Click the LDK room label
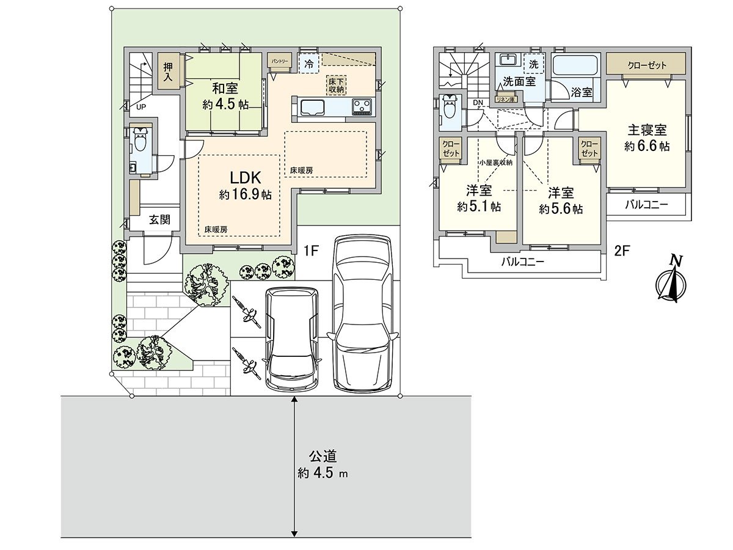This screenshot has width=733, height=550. (x=246, y=178)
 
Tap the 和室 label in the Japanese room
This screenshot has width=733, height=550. (x=225, y=89)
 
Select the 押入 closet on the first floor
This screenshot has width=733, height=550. (x=168, y=72)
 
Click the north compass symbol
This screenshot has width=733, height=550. (x=670, y=281)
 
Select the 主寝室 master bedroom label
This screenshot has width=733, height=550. (x=647, y=130)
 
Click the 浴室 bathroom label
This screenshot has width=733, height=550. (x=581, y=92)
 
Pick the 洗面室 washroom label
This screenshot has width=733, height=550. (x=519, y=81)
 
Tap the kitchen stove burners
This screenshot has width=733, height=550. (x=362, y=107)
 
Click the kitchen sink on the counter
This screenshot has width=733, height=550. (x=313, y=107)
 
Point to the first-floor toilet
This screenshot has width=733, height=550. (x=140, y=142)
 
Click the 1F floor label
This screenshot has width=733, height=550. (x=312, y=251)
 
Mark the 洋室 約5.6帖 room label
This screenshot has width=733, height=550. (x=560, y=200)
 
